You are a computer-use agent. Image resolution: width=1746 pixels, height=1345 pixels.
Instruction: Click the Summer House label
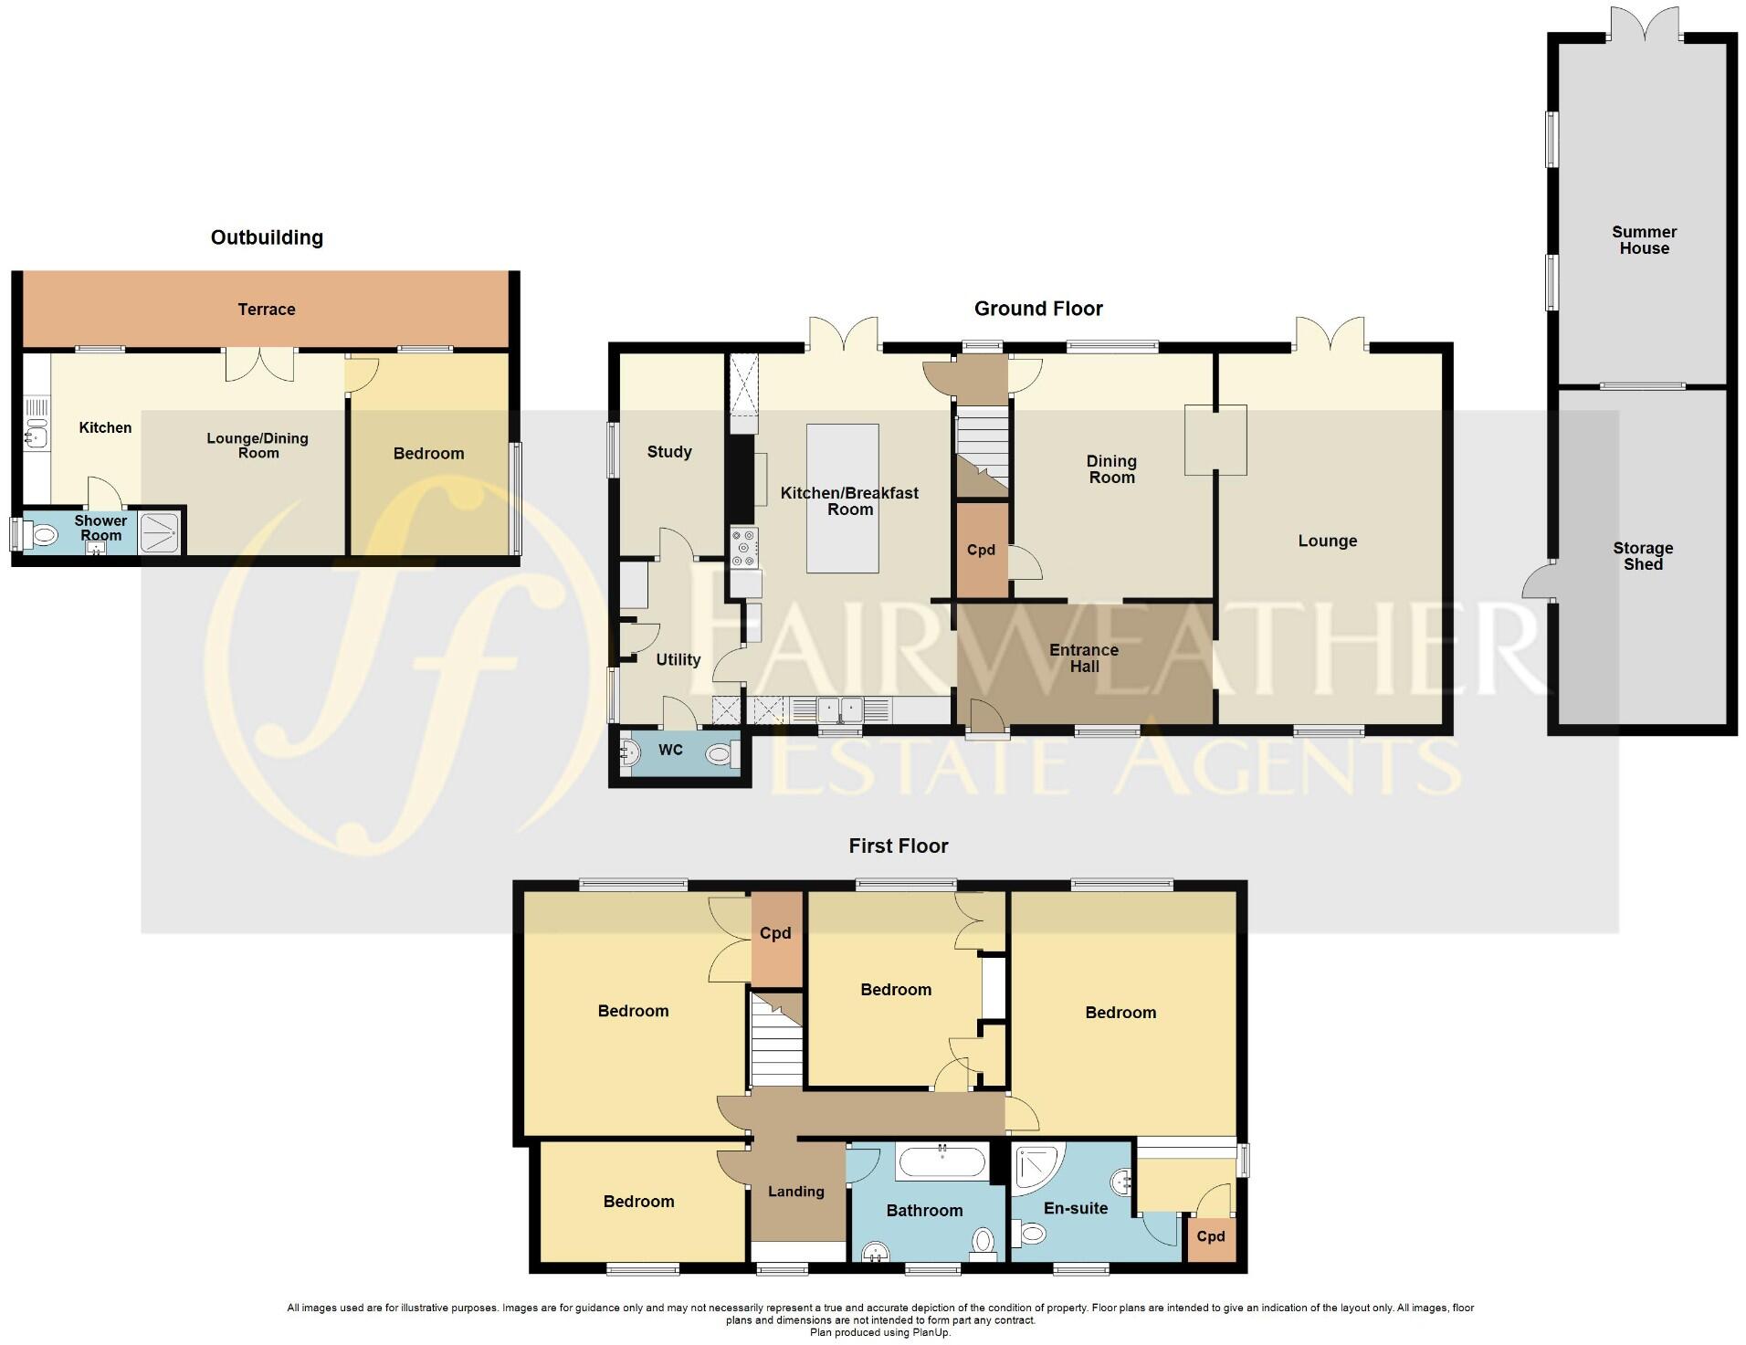pos(1643,240)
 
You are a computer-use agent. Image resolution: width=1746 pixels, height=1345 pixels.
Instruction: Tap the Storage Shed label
pos(1642,556)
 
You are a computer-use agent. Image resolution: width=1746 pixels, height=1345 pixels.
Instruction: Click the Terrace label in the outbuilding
pos(266,310)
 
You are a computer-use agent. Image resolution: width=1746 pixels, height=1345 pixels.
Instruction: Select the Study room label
pos(668,452)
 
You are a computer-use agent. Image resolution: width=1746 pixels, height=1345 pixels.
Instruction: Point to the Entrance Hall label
pos(1083,658)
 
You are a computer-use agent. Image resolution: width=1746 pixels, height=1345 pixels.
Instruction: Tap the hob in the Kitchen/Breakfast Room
pos(743,548)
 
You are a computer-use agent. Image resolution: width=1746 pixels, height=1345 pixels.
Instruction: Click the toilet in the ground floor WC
pos(720,754)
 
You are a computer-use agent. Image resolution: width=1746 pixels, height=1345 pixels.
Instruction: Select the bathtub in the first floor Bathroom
pos(941,1163)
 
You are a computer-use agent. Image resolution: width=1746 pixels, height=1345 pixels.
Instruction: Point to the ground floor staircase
pos(982,447)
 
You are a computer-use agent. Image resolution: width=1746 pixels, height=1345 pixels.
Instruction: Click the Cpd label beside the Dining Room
pos(981,551)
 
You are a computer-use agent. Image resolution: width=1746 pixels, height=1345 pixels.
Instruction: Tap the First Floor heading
pos(898,846)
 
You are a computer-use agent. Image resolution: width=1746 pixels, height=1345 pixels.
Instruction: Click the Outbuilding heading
pos(267,238)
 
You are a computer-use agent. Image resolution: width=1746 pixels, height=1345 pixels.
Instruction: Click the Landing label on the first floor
pos(795,1192)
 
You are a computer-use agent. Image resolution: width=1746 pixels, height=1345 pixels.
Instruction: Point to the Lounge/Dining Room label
pos(258,446)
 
